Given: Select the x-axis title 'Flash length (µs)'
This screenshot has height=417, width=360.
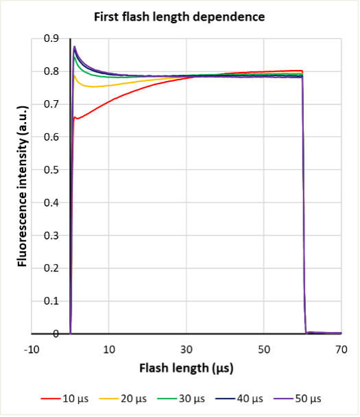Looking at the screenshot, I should [x=187, y=368].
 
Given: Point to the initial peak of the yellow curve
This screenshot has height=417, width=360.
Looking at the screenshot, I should [x=74, y=75].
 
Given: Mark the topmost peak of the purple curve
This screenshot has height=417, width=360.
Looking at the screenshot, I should [x=74, y=47].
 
